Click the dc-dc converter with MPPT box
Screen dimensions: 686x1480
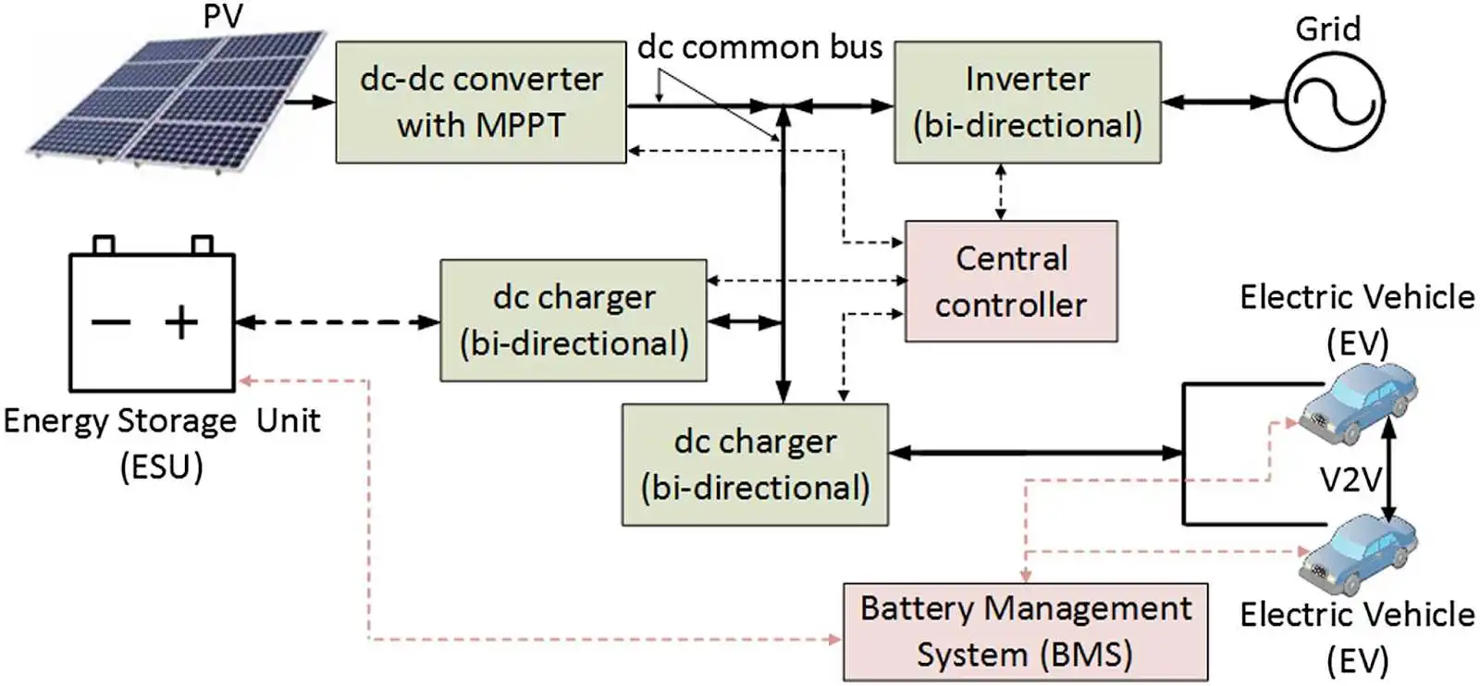[480, 102]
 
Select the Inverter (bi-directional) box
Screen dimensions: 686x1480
[1027, 102]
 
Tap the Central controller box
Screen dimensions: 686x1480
[1011, 281]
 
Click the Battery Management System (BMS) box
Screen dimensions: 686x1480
[1025, 631]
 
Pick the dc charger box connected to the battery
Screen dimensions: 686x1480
[573, 320]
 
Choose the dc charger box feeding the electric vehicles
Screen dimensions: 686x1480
[755, 465]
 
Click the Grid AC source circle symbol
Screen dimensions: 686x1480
[1334, 102]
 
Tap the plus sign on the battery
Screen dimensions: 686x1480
[181, 322]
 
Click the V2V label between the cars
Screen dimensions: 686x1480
[1350, 480]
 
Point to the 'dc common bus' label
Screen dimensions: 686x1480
[759, 47]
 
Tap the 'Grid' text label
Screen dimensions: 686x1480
[1327, 29]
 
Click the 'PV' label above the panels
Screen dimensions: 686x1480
[222, 16]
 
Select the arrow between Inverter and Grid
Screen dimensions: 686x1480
[1222, 102]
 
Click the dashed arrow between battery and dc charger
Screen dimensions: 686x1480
[337, 322]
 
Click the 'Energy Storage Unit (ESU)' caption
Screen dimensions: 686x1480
[161, 443]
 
